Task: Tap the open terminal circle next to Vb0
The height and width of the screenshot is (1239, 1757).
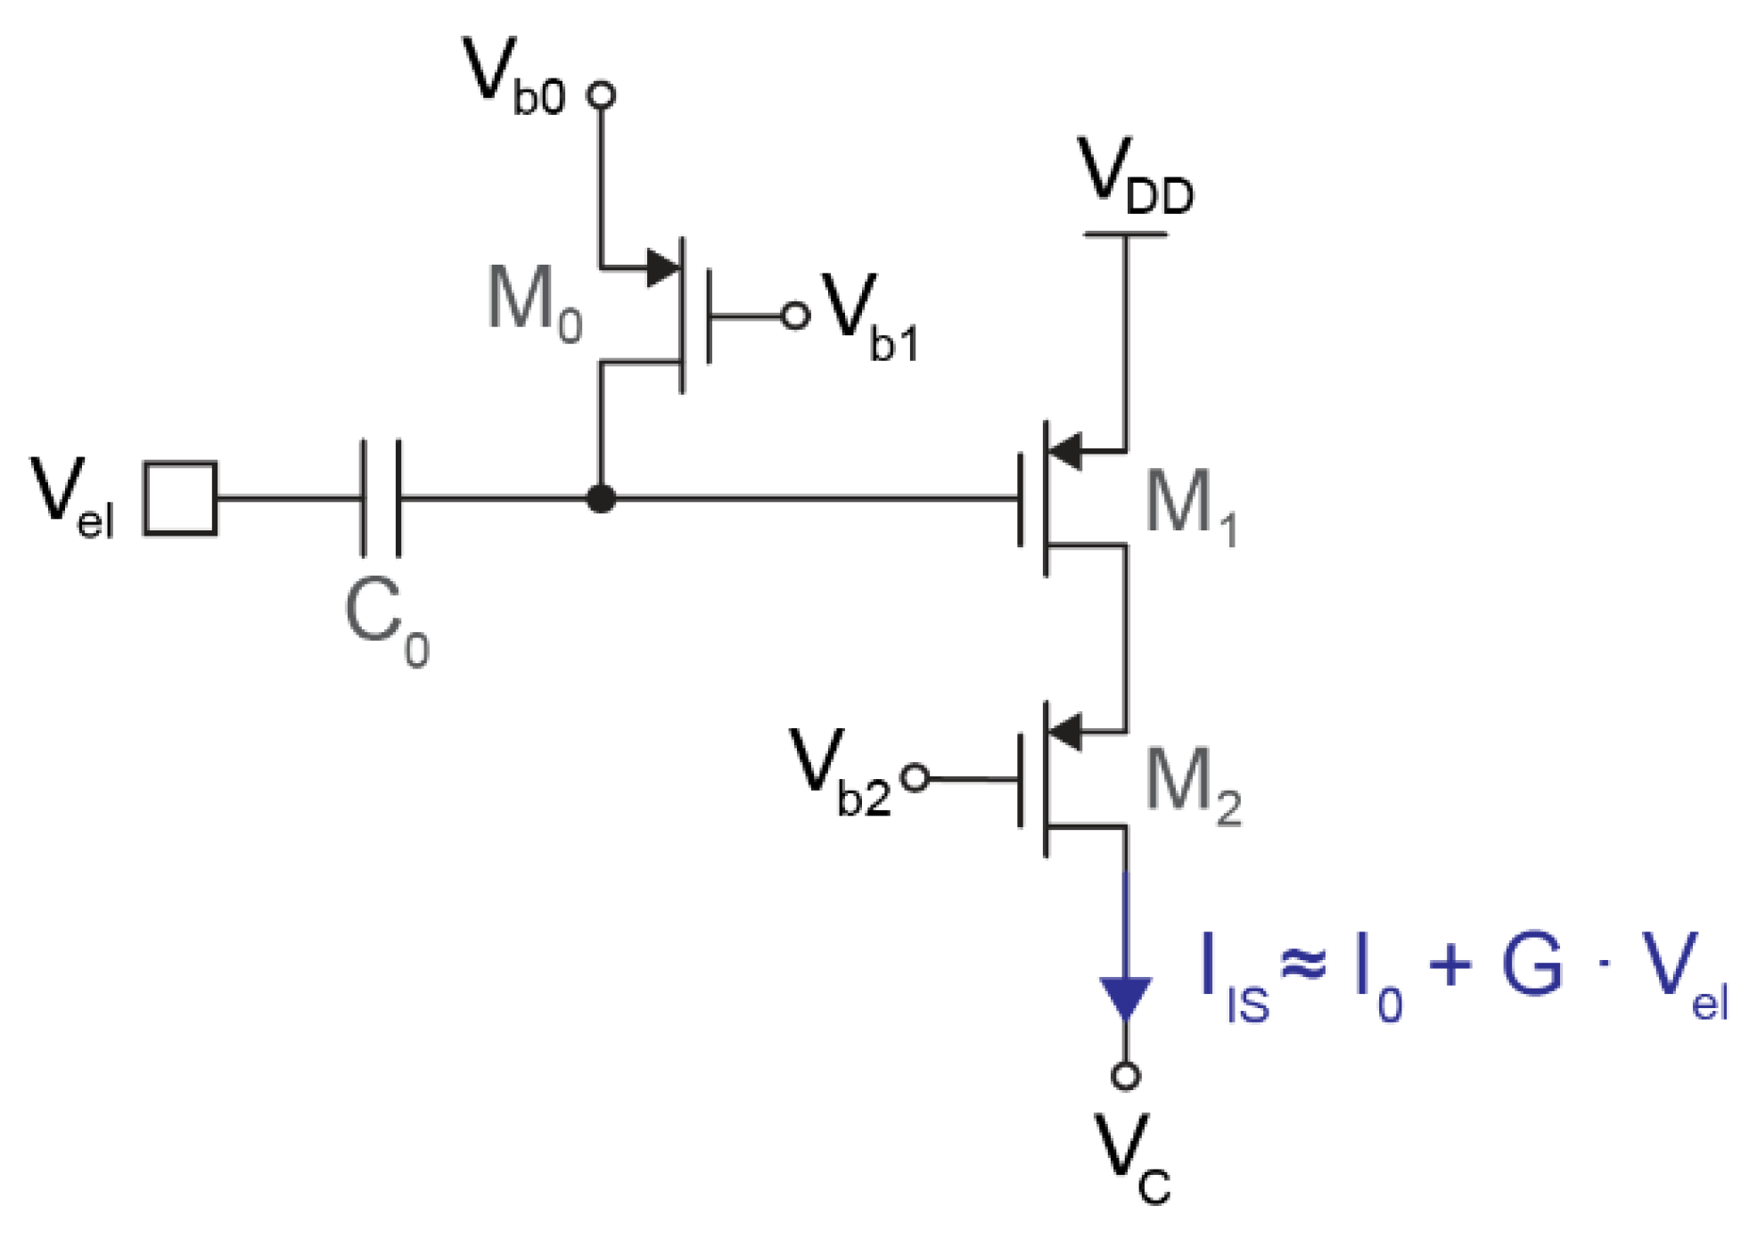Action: coord(602,94)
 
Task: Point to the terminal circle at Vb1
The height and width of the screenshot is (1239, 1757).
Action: coord(795,316)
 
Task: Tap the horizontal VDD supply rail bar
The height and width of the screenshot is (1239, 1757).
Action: coord(1125,234)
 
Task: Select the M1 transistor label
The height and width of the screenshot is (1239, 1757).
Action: coord(1190,506)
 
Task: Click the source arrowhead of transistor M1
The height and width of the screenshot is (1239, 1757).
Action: coord(1066,451)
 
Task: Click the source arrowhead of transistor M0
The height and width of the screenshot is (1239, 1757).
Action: coord(662,267)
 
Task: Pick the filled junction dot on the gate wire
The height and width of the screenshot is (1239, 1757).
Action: coord(602,498)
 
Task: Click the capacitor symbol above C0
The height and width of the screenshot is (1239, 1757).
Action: coord(381,498)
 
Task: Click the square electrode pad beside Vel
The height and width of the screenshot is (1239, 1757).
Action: coord(181,498)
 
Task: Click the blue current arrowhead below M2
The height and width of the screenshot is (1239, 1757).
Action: coord(1125,997)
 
